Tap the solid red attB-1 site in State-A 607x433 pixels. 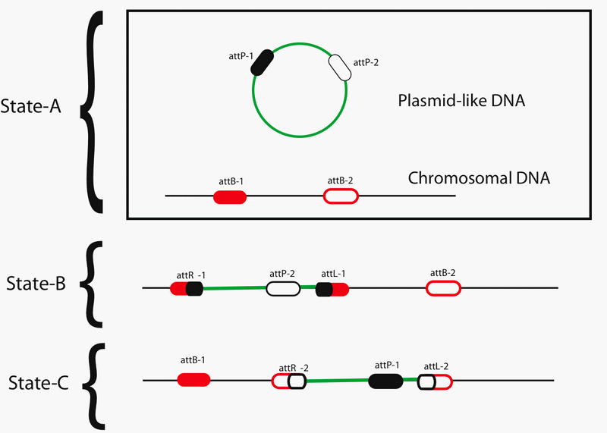coord(230,197)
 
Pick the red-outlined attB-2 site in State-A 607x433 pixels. coord(341,196)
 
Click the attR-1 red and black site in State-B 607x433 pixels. coord(187,288)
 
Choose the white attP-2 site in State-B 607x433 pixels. coord(282,288)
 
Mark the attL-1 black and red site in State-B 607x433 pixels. coord(332,288)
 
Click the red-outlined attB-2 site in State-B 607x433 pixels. coord(443,288)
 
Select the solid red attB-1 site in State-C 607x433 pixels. coord(193,380)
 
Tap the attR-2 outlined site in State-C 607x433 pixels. coord(289,381)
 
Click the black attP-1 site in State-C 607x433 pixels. coord(385,381)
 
